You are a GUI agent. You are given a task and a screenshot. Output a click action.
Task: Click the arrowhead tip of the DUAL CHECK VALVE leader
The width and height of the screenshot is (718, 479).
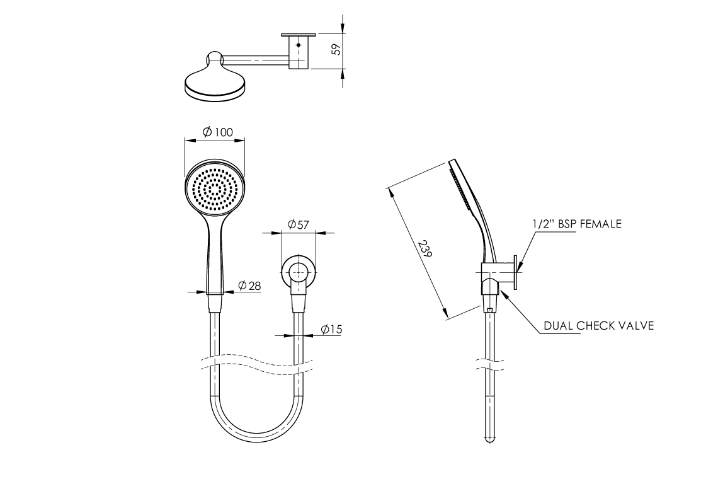pos(501,289)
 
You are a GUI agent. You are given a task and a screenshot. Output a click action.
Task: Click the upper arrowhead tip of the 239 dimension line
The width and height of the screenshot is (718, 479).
pos(389,187)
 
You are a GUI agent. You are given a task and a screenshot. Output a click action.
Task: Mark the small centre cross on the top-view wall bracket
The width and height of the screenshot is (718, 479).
pos(299,45)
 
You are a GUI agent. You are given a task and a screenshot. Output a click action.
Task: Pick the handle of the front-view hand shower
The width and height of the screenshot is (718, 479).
pos(215,257)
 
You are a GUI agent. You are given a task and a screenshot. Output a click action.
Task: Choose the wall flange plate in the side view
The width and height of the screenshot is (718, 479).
pos(516,272)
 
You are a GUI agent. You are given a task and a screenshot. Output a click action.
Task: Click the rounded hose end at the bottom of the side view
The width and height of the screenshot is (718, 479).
pos(489,439)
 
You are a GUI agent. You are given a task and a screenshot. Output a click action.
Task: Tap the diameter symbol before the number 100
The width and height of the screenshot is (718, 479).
pos(207,132)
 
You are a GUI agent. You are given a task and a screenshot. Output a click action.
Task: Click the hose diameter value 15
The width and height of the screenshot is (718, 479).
pos(336,329)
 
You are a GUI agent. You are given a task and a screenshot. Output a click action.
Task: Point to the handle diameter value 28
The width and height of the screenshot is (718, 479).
pos(254,286)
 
